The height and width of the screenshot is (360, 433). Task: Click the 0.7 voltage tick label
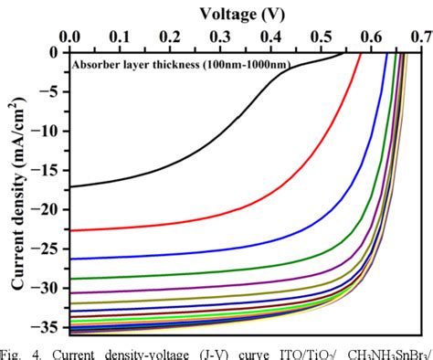[420, 37]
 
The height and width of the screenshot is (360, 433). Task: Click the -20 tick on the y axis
[50, 210]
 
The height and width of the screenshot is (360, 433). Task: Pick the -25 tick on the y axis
[50, 249]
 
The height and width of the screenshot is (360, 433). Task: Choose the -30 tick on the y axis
[50, 288]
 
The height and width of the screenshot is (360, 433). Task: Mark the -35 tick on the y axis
[50, 326]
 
